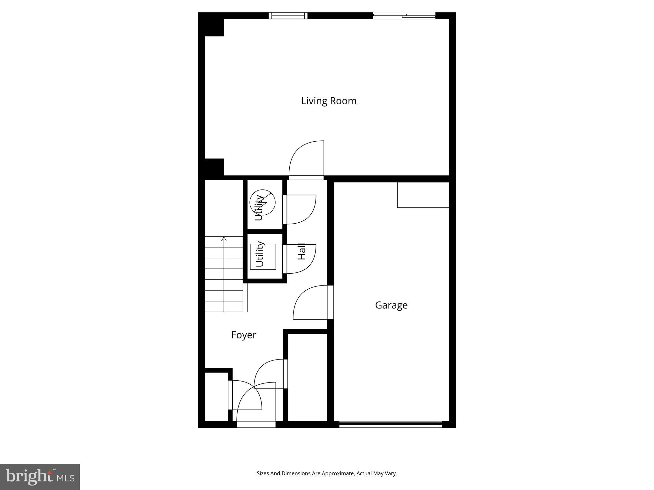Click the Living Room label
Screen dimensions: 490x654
click(329, 101)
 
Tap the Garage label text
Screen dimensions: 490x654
click(391, 305)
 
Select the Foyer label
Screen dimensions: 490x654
click(244, 335)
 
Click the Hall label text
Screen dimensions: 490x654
click(302, 251)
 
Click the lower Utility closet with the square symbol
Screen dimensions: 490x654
click(263, 256)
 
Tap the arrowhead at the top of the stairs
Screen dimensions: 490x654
click(224, 239)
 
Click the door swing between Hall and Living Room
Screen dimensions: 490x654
click(307, 160)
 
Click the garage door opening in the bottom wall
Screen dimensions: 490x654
click(390, 424)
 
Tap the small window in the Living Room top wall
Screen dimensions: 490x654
click(288, 16)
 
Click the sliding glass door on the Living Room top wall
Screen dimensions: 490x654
click(404, 15)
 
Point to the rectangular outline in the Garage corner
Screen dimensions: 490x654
click(423, 195)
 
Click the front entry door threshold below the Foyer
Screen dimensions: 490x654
click(256, 424)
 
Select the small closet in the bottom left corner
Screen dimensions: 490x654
click(216, 397)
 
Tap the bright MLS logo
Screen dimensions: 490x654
click(40, 477)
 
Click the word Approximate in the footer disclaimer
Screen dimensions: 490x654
click(338, 473)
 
